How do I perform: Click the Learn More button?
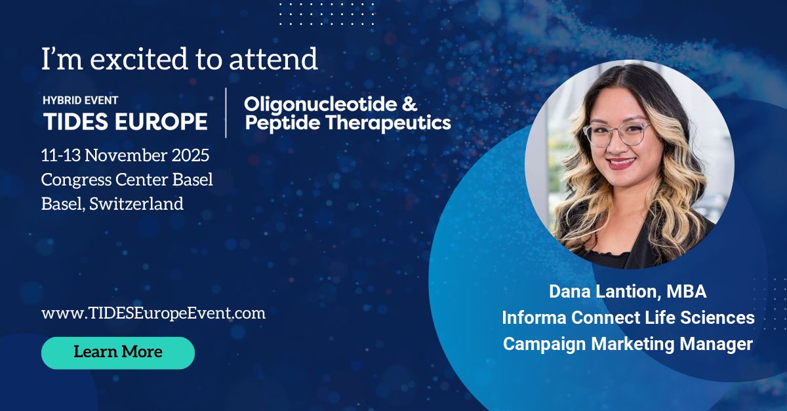tap(118, 353)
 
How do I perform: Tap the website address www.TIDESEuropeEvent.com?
tap(153, 313)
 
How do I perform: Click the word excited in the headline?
tap(139, 58)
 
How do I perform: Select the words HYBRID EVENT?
tap(81, 100)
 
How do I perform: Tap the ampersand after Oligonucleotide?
tap(409, 104)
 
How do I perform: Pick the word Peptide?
tap(283, 123)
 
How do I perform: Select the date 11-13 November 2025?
tap(125, 155)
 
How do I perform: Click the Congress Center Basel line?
tap(127, 180)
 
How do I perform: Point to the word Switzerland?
tap(136, 204)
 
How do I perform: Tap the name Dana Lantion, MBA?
tap(628, 292)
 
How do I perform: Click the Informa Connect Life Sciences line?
tap(628, 317)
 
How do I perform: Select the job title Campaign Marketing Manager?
tap(628, 344)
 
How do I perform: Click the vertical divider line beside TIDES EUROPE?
tap(226, 113)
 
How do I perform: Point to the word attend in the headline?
tap(273, 58)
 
